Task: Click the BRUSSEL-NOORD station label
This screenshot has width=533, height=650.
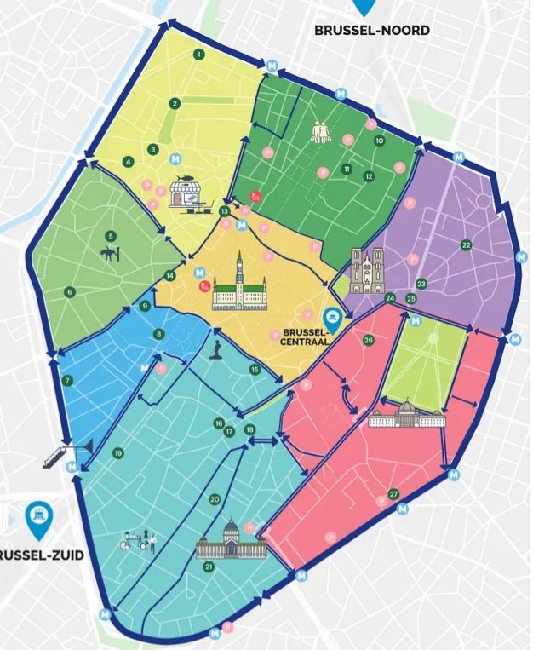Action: coord(371,30)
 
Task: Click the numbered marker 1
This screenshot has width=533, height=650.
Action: coord(198,54)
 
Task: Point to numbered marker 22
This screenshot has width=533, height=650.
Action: coord(466,244)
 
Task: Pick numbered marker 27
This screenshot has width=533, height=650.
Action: coord(393,494)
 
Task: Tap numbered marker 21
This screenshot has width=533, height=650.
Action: coord(208,566)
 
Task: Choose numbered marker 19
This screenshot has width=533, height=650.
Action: coord(117,452)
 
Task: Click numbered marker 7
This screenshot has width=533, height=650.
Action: coord(67,380)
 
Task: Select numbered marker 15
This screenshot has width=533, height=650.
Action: coord(255,369)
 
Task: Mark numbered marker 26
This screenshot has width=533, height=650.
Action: coord(368,340)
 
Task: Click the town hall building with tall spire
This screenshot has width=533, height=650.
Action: coord(239,284)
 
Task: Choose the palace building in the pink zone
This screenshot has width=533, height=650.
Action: coord(406,415)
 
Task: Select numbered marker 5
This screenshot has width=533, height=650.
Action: coord(110,236)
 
